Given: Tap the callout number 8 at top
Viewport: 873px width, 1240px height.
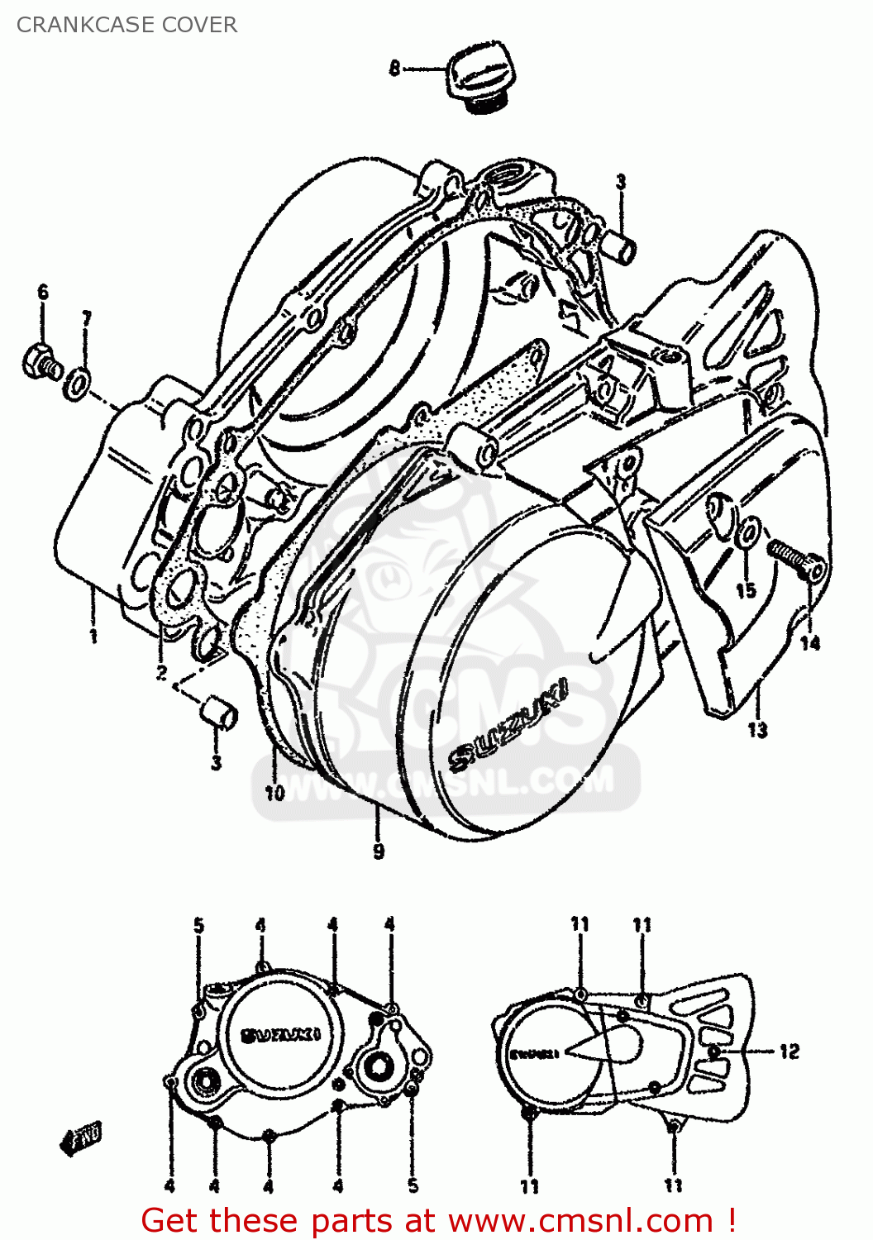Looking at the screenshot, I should pos(394,68).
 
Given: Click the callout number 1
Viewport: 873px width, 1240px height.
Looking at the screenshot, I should pos(93,636).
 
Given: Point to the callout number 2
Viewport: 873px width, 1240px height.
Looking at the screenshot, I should pos(162,673).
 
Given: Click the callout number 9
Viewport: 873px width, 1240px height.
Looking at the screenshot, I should pos(379,851).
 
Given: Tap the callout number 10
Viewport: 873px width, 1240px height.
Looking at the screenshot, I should pos(274,793).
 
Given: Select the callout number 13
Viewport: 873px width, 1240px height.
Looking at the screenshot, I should pos(757,730).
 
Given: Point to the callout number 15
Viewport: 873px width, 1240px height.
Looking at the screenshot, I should pos(746,589).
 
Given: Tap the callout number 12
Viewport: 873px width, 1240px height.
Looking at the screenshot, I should pos(790,1051).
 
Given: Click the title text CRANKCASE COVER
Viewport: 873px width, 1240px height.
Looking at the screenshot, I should pos(126,25).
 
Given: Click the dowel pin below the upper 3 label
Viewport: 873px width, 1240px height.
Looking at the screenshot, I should pos(622,245).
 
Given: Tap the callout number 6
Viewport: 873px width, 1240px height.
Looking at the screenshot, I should pos(43,292).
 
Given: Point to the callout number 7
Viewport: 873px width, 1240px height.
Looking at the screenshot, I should pos(87,318).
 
